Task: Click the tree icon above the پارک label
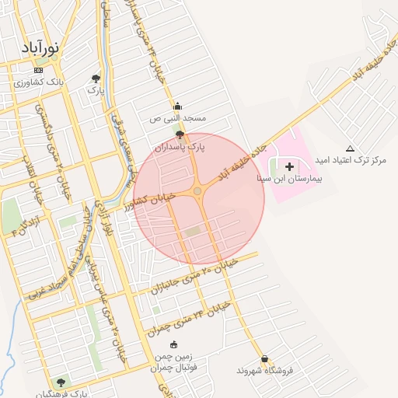pos(96,79)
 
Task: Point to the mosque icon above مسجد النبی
pos(177,106)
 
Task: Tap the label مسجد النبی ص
pos(178,118)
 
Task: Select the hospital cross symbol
pos(290,166)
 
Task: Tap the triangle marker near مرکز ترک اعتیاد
pos(350,148)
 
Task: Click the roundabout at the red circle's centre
pos(198,190)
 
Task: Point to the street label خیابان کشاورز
pos(151,202)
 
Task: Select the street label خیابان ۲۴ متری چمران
pos(190,315)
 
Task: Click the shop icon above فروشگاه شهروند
pos(265,359)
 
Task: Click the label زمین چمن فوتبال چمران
pos(173,360)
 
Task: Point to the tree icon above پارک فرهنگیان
pos(61,382)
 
